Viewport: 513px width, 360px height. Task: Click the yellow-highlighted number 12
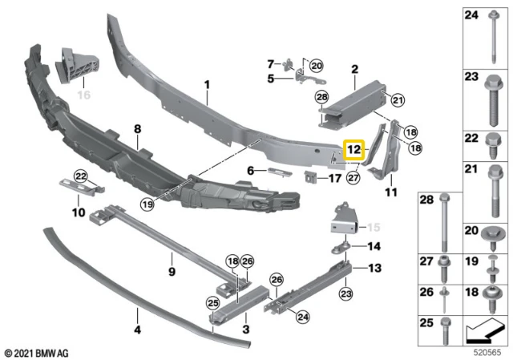[353, 150]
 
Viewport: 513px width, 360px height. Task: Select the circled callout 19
[147, 204]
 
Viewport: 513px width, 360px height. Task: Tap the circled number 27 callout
[353, 178]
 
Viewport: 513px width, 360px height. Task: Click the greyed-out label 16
[83, 95]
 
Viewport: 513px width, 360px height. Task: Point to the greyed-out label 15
[374, 227]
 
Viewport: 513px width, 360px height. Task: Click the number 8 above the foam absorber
[137, 128]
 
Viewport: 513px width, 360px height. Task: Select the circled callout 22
[81, 176]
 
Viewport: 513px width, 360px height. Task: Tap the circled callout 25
[213, 303]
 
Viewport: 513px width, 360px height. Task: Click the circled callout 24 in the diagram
[303, 317]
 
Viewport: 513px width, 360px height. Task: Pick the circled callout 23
[346, 293]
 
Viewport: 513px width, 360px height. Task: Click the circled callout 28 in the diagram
[322, 97]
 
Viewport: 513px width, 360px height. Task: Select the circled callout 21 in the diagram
[398, 100]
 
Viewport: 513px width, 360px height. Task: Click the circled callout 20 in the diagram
[317, 66]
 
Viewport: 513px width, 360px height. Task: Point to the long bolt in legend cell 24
[493, 37]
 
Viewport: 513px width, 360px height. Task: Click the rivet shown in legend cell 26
[445, 299]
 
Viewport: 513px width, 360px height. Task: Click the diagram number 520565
[488, 353]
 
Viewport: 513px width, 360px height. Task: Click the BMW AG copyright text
[37, 354]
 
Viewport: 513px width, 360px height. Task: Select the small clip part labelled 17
[310, 177]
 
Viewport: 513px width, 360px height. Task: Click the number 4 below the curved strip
[138, 330]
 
